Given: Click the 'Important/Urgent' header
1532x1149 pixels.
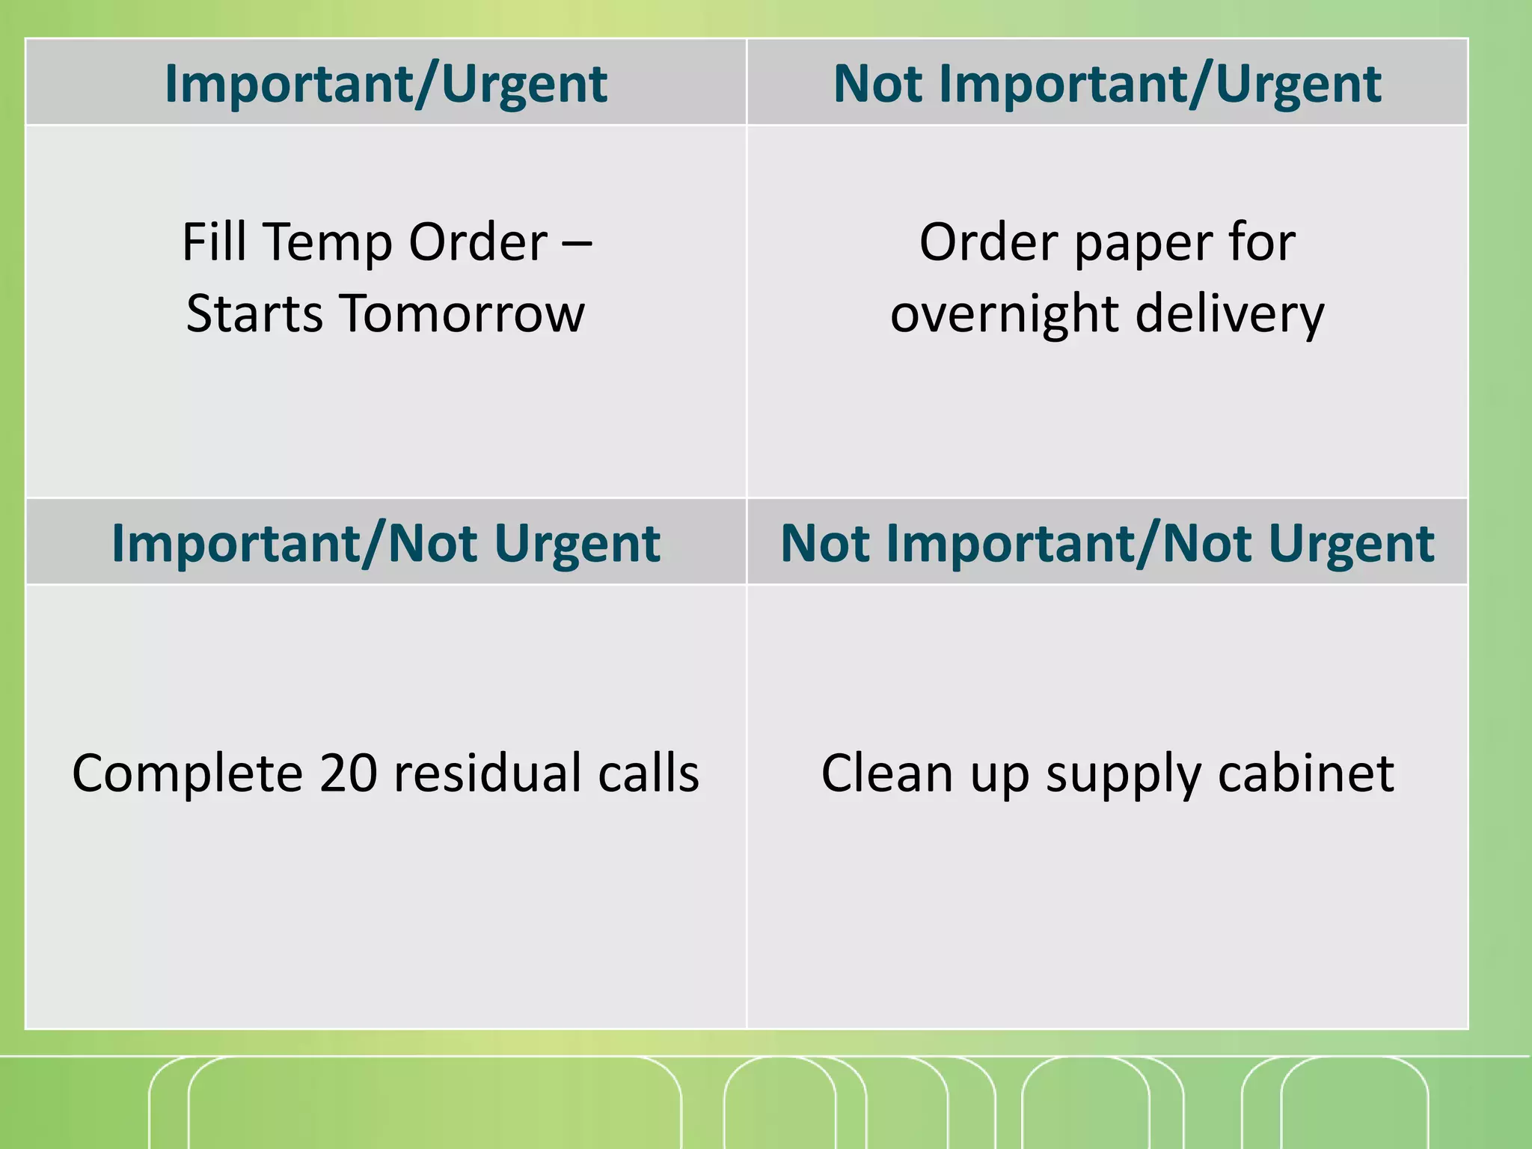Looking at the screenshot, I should pyautogui.click(x=385, y=83).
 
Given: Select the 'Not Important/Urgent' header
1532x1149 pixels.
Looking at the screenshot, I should pyautogui.click(x=1107, y=83).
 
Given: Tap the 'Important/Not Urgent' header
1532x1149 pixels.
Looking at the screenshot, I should pyautogui.click(x=385, y=542).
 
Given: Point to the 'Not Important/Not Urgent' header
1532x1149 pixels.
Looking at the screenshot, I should pyautogui.click(x=1107, y=542).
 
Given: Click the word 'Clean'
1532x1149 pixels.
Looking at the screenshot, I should pyautogui.click(x=887, y=773).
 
